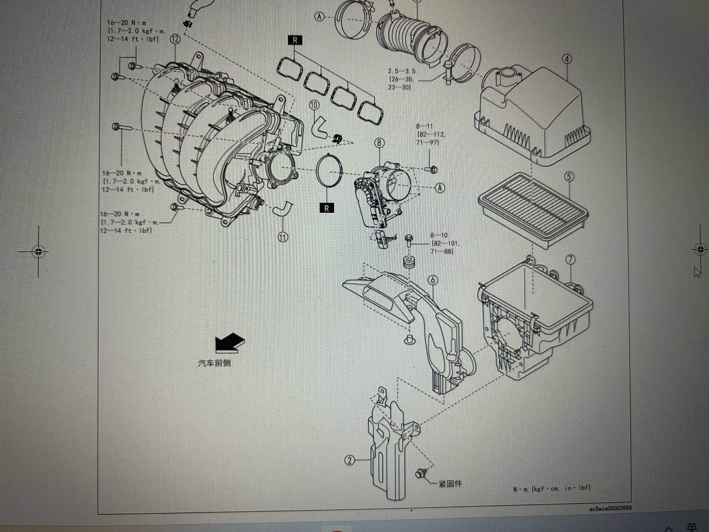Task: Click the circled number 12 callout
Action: coord(175,40)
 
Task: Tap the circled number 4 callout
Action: coord(567,59)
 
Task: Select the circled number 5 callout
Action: coord(569,176)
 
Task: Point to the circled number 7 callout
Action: coord(570,259)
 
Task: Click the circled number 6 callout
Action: coord(433,280)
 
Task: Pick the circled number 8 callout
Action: coord(379,143)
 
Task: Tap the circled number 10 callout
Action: coord(314,105)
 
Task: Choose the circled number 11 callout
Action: coord(283,237)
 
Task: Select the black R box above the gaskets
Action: coord(295,40)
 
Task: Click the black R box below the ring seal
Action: coord(327,208)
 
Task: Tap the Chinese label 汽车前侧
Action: coord(214,363)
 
